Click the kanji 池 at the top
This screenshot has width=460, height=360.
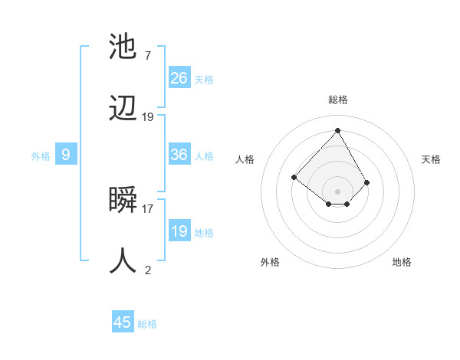(x=123, y=48)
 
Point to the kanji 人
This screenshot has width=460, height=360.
(x=123, y=260)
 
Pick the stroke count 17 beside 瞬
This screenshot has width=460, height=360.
(x=148, y=208)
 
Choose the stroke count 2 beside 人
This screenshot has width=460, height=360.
(x=147, y=269)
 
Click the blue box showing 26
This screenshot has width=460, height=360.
(x=179, y=78)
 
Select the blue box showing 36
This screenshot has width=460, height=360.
(x=179, y=155)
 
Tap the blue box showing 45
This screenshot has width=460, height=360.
(x=123, y=322)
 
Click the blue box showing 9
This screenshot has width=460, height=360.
(x=66, y=155)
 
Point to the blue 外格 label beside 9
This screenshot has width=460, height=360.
(x=41, y=156)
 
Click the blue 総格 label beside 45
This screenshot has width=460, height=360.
(x=147, y=324)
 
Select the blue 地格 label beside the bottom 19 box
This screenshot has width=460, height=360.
(x=204, y=233)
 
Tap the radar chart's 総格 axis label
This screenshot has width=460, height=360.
(x=337, y=100)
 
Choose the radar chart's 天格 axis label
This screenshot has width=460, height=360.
(x=432, y=159)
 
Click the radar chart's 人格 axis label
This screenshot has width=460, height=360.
(x=245, y=159)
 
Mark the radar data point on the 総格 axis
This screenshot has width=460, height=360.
(x=337, y=130)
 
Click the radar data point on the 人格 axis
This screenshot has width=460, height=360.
(x=294, y=178)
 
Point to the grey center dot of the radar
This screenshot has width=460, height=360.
(x=337, y=191)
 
